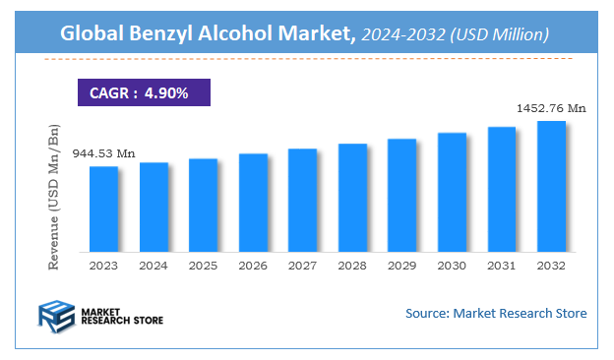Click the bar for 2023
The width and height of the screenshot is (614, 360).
click(103, 209)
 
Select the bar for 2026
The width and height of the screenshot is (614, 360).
click(253, 202)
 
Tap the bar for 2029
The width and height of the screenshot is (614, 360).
click(402, 195)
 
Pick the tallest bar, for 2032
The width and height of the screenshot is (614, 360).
click(551, 186)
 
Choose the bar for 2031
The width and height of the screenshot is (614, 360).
click(502, 189)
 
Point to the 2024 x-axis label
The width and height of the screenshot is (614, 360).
click(153, 266)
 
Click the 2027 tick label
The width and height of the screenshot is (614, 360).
click(302, 266)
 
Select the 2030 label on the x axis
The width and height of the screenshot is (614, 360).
click(452, 266)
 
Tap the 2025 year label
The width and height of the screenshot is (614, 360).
click(203, 266)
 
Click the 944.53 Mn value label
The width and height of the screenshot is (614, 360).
click(103, 153)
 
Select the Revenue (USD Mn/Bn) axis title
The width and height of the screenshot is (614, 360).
click(55, 197)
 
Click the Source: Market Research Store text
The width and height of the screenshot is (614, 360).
click(496, 313)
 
